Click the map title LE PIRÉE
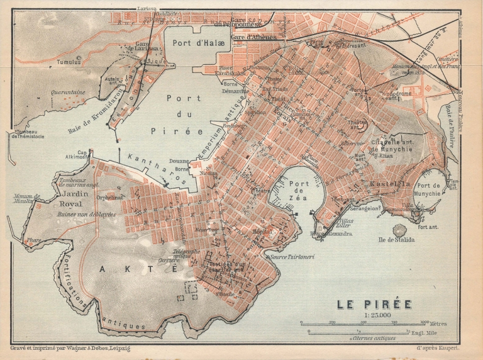pos(374,304)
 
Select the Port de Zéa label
pos(298,191)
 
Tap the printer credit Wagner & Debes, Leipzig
pos(79,347)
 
